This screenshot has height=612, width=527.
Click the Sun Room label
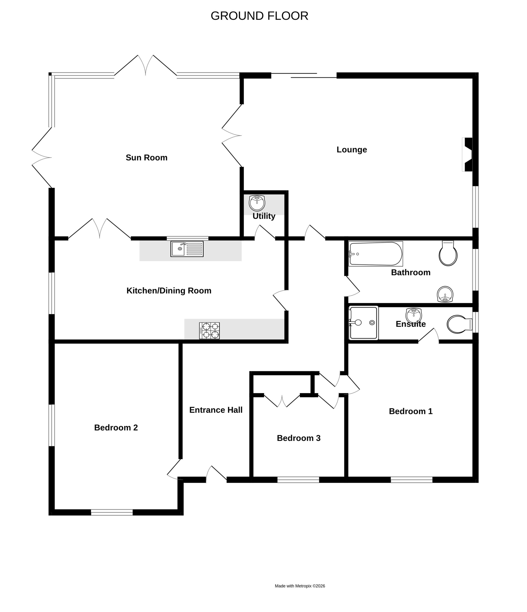[x=147, y=158]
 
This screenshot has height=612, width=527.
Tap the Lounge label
[x=352, y=150]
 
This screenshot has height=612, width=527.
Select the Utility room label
[x=264, y=216]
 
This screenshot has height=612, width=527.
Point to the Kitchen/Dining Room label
[x=169, y=291]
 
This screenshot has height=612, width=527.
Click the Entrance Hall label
[x=216, y=410]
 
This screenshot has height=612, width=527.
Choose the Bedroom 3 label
[x=299, y=438]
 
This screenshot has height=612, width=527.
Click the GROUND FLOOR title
[x=259, y=16]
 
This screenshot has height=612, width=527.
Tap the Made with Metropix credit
[x=300, y=586]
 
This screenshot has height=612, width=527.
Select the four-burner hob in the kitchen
[x=209, y=331]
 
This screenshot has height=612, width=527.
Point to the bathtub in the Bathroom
[x=375, y=254]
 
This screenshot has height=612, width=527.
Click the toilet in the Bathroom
[x=448, y=253]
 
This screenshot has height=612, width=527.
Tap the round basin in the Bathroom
[x=445, y=294]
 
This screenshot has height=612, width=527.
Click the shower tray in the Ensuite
[x=363, y=323]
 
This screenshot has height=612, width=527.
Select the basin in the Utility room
[x=257, y=203]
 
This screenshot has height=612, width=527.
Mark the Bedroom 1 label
[x=411, y=411]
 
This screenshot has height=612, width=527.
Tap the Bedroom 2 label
[x=116, y=427]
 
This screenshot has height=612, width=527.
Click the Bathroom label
[x=411, y=272]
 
